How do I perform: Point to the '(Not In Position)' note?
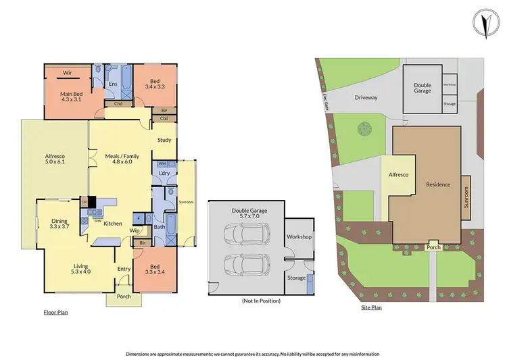(260, 300)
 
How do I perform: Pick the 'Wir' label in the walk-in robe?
(68, 72)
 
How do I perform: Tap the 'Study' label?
(164, 140)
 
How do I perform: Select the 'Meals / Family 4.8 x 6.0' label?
(122, 159)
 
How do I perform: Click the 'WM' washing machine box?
(162, 164)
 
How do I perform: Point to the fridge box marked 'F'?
(139, 218)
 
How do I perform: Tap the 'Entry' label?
(124, 269)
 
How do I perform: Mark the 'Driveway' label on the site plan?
(366, 97)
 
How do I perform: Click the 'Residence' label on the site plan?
(437, 184)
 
